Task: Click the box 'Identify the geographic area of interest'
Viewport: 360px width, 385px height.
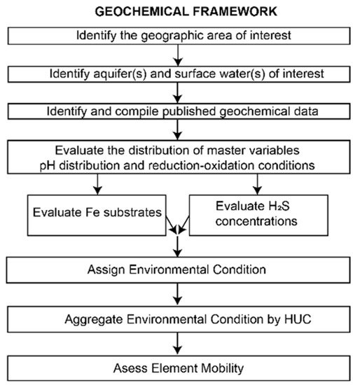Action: [180, 36]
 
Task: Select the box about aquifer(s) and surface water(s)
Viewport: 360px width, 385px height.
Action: [180, 73]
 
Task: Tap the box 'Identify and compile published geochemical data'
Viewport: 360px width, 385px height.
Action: [180, 111]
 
